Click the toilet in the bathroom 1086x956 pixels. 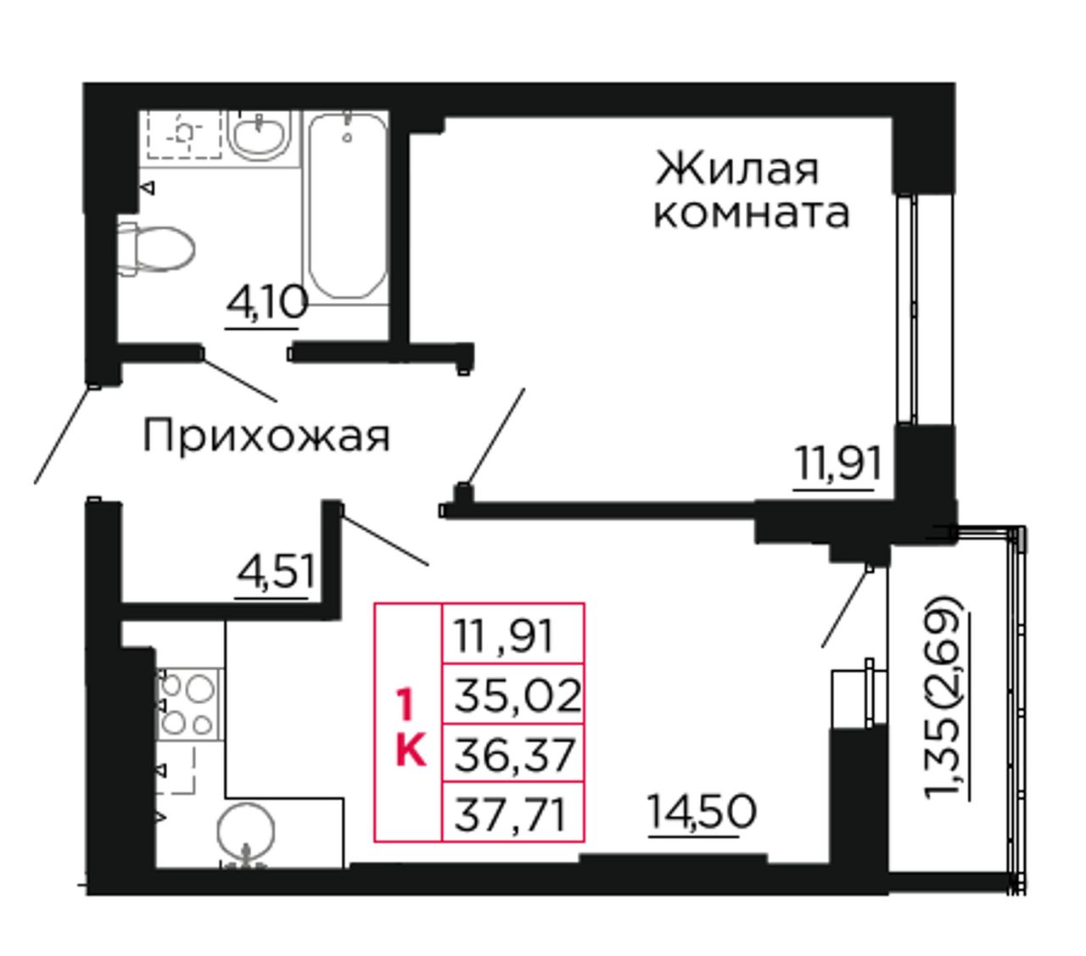point(156,249)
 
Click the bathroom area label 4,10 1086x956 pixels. point(266,304)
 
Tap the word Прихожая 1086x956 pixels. point(266,437)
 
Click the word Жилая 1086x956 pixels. point(737,170)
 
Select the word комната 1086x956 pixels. point(752,214)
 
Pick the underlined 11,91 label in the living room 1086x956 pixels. point(837,464)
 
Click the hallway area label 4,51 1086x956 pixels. point(274,572)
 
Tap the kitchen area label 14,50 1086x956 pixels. point(701,811)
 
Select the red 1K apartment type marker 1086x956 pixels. point(411,729)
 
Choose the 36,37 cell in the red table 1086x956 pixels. point(513,754)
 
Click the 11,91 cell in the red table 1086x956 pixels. point(513,635)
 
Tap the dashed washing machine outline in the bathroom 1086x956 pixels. point(184,134)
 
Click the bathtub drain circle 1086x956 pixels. point(347,137)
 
